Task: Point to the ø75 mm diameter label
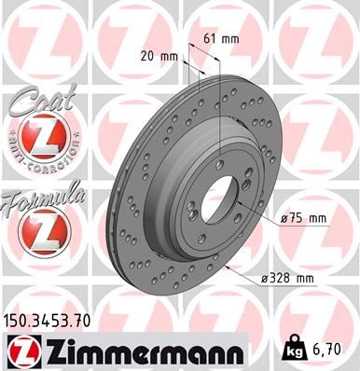click(305, 218)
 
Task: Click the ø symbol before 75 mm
click(284, 218)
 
